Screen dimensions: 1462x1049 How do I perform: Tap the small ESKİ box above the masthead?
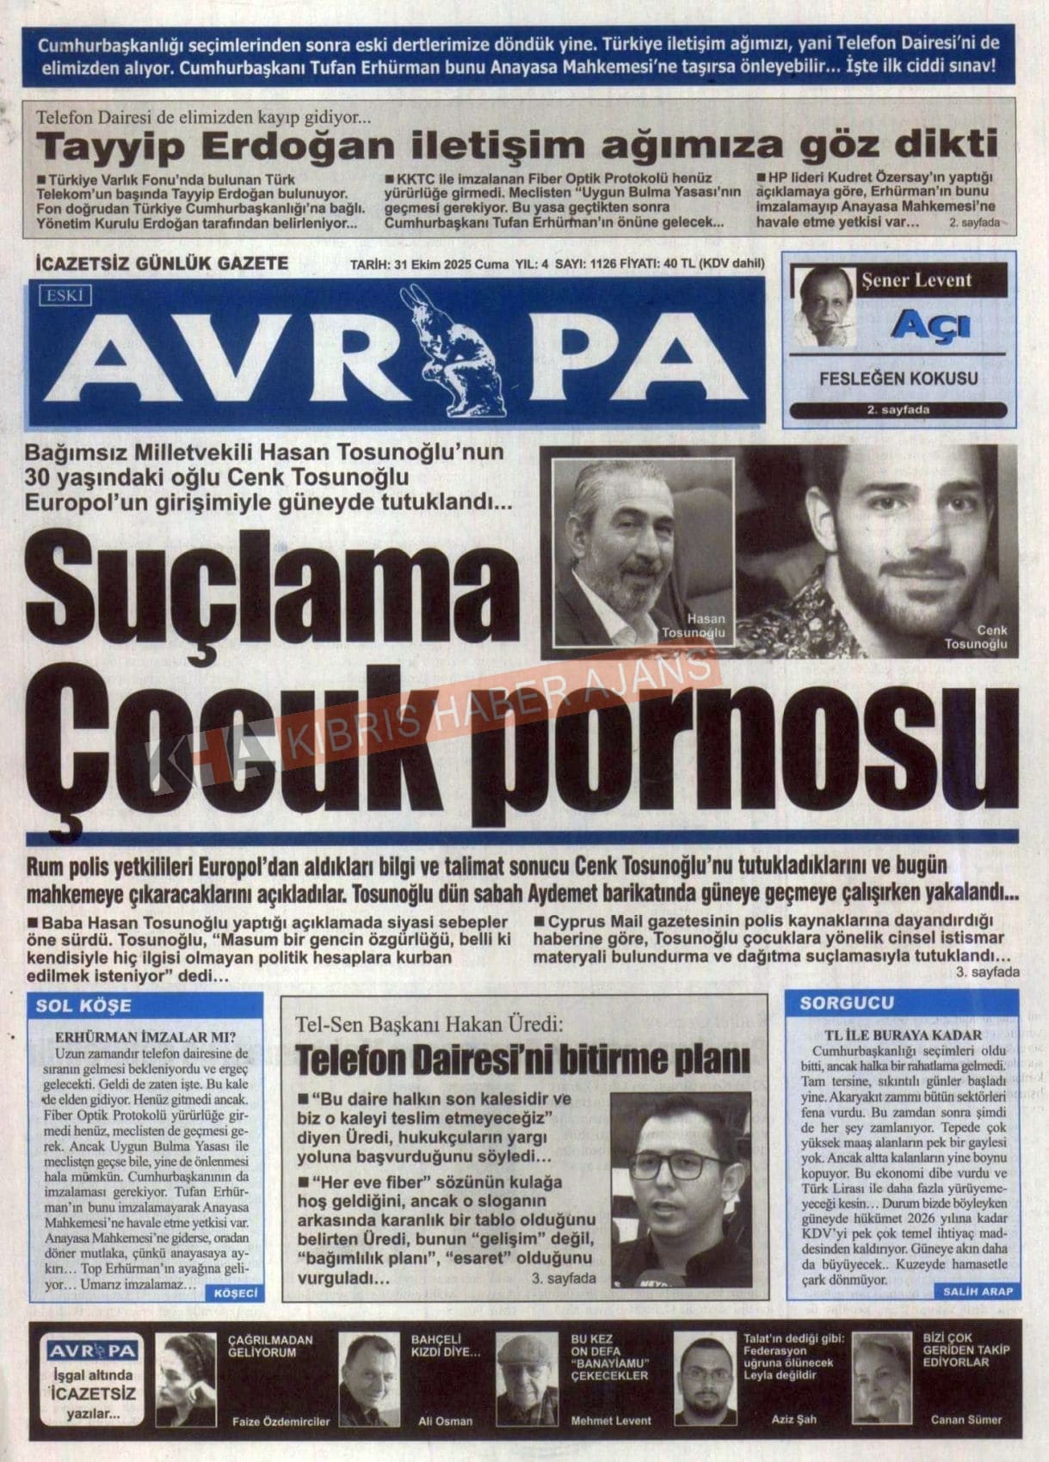[x=65, y=296]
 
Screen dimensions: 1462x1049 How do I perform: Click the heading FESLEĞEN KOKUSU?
[x=898, y=378]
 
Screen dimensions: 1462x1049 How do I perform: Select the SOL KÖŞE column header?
[x=83, y=1005]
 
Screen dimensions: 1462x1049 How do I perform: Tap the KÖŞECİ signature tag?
[x=235, y=1293]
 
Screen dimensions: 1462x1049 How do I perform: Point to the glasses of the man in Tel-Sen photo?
[x=677, y=1167]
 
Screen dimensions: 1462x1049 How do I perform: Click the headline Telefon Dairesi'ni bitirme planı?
[x=522, y=1060]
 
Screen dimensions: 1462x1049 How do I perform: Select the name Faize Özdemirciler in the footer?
[x=281, y=1422]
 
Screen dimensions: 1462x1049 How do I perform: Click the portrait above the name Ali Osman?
[x=368, y=1379]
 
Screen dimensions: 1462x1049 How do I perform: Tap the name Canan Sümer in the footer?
[x=966, y=1420]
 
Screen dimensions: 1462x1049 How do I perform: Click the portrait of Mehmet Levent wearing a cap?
[x=528, y=1379]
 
